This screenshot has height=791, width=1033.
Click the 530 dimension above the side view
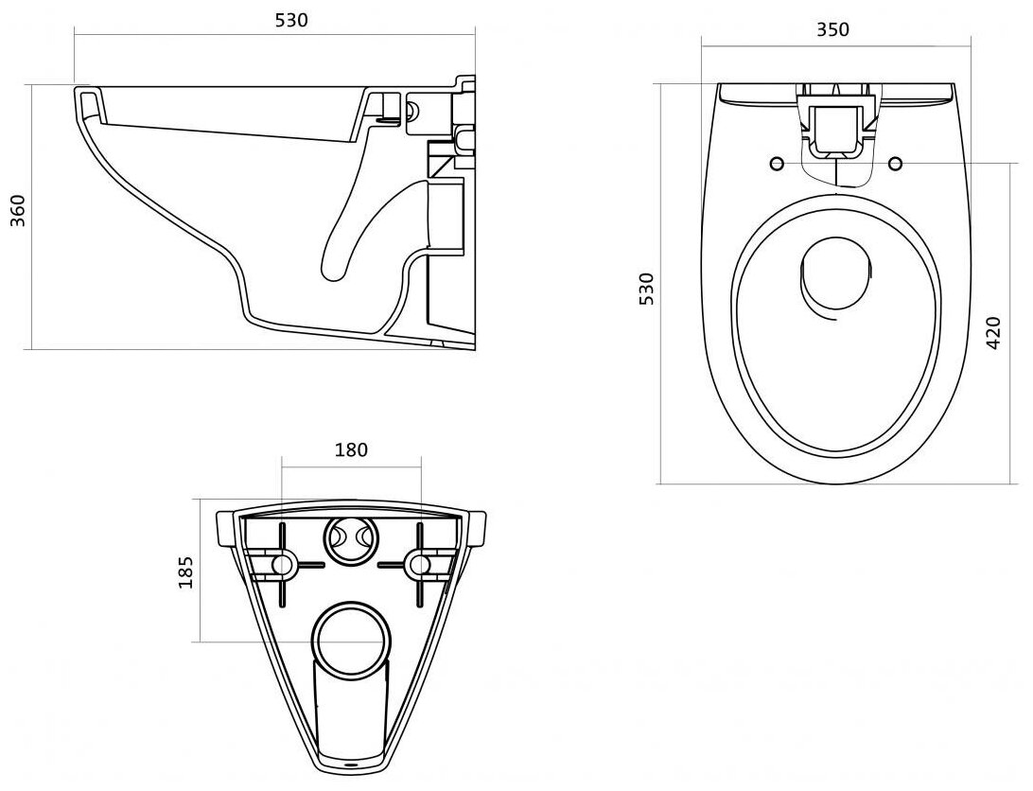pos(291,19)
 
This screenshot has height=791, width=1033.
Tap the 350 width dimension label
pos(832,29)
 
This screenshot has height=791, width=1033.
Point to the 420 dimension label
pos(993,333)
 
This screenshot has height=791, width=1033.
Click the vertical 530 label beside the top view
pos(646,289)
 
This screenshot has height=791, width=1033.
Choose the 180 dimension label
pos(351,449)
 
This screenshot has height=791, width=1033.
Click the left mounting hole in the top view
pos(777,165)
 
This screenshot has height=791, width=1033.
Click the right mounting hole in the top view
pos(895,165)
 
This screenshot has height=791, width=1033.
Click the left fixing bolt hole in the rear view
pos(282,565)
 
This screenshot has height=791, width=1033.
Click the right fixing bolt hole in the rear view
pos(419,565)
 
